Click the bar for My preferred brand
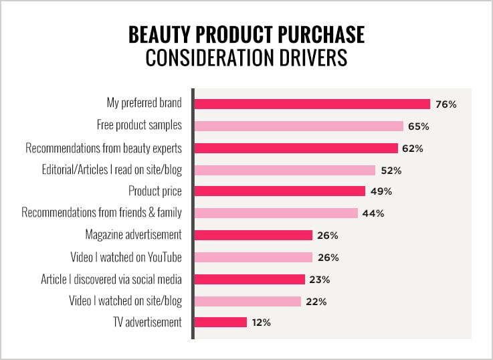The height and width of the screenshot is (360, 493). point(312,104)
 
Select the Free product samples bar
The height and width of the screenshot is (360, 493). point(298,126)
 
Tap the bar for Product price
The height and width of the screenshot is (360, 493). point(280,191)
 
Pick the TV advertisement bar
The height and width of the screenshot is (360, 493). point(221,323)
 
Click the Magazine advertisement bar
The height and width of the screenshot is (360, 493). point(254,235)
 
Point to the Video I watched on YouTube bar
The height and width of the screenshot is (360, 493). point(254,257)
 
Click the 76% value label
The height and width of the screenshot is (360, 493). point(446,104)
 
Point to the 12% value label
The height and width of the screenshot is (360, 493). point(262,323)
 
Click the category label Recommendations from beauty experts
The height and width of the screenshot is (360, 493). point(104,147)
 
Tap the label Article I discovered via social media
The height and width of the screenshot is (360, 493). point(111,278)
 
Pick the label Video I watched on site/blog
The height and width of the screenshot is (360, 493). point(126,300)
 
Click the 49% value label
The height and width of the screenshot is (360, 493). point(381,191)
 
